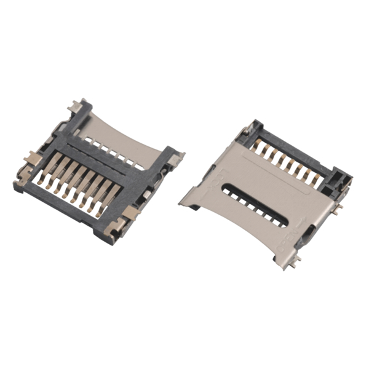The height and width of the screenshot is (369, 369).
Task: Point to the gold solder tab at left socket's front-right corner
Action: pos(132,213)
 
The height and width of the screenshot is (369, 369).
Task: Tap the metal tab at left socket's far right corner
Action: pos(177,158)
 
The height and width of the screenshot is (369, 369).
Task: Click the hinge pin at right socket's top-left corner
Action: pos(247,129)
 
